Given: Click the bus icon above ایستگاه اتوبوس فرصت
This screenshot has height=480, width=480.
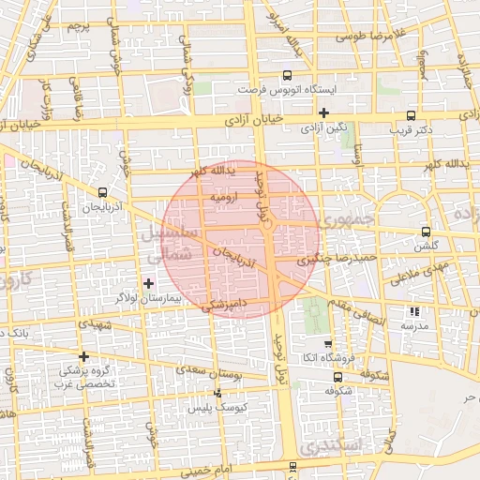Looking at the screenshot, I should pyautogui.click(x=287, y=76).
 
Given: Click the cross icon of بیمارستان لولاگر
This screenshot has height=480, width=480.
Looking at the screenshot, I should pyautogui.click(x=148, y=282).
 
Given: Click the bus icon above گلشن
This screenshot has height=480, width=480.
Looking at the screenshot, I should pyautogui.click(x=427, y=231).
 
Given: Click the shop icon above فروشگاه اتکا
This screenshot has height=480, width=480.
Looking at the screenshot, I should pyautogui.click(x=327, y=344).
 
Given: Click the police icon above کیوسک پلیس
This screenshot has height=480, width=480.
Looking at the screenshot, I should pyautogui.click(x=217, y=394).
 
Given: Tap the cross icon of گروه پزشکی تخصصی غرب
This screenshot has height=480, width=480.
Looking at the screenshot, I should pyautogui.click(x=84, y=356).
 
